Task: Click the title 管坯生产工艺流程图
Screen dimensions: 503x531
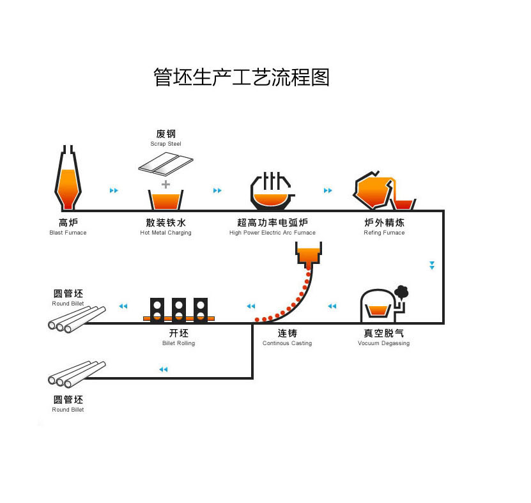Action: pos(242,77)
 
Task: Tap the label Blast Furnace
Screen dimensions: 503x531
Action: pos(68,233)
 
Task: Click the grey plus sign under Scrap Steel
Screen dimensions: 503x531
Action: pos(166,184)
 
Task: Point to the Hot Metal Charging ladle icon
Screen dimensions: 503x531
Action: pos(165,199)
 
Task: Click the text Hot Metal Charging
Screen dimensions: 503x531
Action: pos(165,233)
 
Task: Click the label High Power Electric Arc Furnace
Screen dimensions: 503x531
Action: pos(272,233)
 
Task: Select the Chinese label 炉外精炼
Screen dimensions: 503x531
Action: pos(384,222)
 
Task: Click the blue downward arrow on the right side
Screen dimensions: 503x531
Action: pos(432,265)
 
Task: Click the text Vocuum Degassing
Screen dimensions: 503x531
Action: pos(383,343)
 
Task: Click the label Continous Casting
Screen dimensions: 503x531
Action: pos(287,343)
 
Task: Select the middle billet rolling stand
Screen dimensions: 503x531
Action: pos(179,309)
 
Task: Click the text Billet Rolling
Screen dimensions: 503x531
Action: pos(179,343)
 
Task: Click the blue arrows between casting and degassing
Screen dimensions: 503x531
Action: pos(332,306)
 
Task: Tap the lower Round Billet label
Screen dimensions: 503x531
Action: pos(68,409)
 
